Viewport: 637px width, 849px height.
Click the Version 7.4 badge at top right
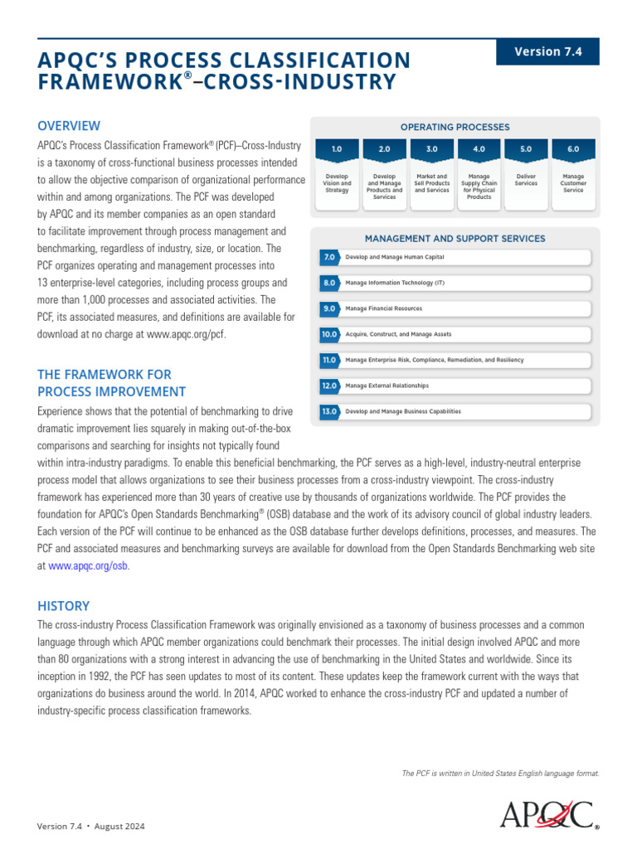547,51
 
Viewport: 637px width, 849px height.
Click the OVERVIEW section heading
69,126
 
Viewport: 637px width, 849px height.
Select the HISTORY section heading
63,606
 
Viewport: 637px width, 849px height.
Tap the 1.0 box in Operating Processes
336,149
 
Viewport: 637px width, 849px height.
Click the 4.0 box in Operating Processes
479,149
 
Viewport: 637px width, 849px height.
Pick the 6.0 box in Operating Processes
573,149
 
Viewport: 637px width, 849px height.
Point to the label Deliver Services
526,180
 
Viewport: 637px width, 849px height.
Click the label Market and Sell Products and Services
431,183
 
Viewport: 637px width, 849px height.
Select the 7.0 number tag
329,258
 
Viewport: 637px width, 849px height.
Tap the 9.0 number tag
329,309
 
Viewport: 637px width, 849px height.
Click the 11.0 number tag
329,361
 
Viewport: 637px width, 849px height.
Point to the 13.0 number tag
329,412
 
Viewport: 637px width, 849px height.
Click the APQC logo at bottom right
547,814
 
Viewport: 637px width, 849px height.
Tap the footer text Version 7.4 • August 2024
91,827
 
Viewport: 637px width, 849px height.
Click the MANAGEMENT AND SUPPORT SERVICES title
455,239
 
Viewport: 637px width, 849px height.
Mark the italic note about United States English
500,774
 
